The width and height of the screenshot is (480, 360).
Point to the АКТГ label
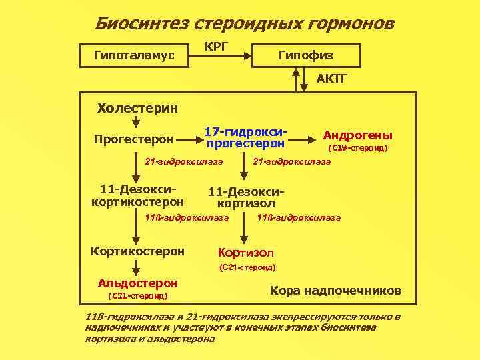pos(331,79)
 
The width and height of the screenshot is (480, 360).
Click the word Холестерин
pos(137,107)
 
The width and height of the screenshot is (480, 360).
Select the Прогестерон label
pos(133,139)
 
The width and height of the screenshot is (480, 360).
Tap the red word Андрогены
pos(357,134)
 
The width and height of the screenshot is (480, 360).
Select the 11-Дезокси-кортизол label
pos(241,197)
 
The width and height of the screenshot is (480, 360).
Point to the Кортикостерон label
pos(137,251)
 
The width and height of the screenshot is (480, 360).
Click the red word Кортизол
pos(246,253)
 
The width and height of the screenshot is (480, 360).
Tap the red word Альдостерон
pos(137,283)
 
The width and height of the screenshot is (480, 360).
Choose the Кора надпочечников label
pos(335,291)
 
